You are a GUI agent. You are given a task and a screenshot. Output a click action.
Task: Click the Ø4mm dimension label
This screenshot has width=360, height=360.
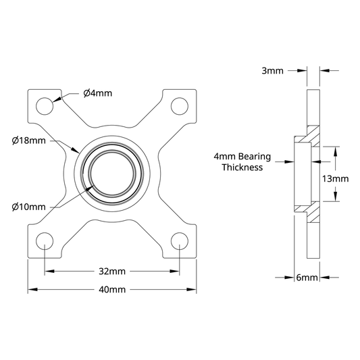(98, 93)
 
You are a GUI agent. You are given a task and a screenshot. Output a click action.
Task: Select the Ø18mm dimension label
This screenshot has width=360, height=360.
(28, 140)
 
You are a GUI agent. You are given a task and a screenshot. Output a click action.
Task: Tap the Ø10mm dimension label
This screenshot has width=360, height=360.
(28, 207)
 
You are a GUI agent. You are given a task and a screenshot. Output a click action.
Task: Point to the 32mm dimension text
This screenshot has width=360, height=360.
(112, 272)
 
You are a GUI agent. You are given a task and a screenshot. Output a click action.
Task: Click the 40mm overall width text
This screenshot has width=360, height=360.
(112, 290)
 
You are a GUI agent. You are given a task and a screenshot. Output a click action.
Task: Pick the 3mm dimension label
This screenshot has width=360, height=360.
(272, 71)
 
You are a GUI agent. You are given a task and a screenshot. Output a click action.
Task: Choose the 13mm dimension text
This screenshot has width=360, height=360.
(335, 178)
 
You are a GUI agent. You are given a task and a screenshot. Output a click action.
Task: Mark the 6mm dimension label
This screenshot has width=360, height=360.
(307, 278)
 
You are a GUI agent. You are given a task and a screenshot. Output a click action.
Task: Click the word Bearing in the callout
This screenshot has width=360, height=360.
(255, 157)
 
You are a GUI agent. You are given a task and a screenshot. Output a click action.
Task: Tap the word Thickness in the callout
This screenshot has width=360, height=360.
(242, 167)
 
